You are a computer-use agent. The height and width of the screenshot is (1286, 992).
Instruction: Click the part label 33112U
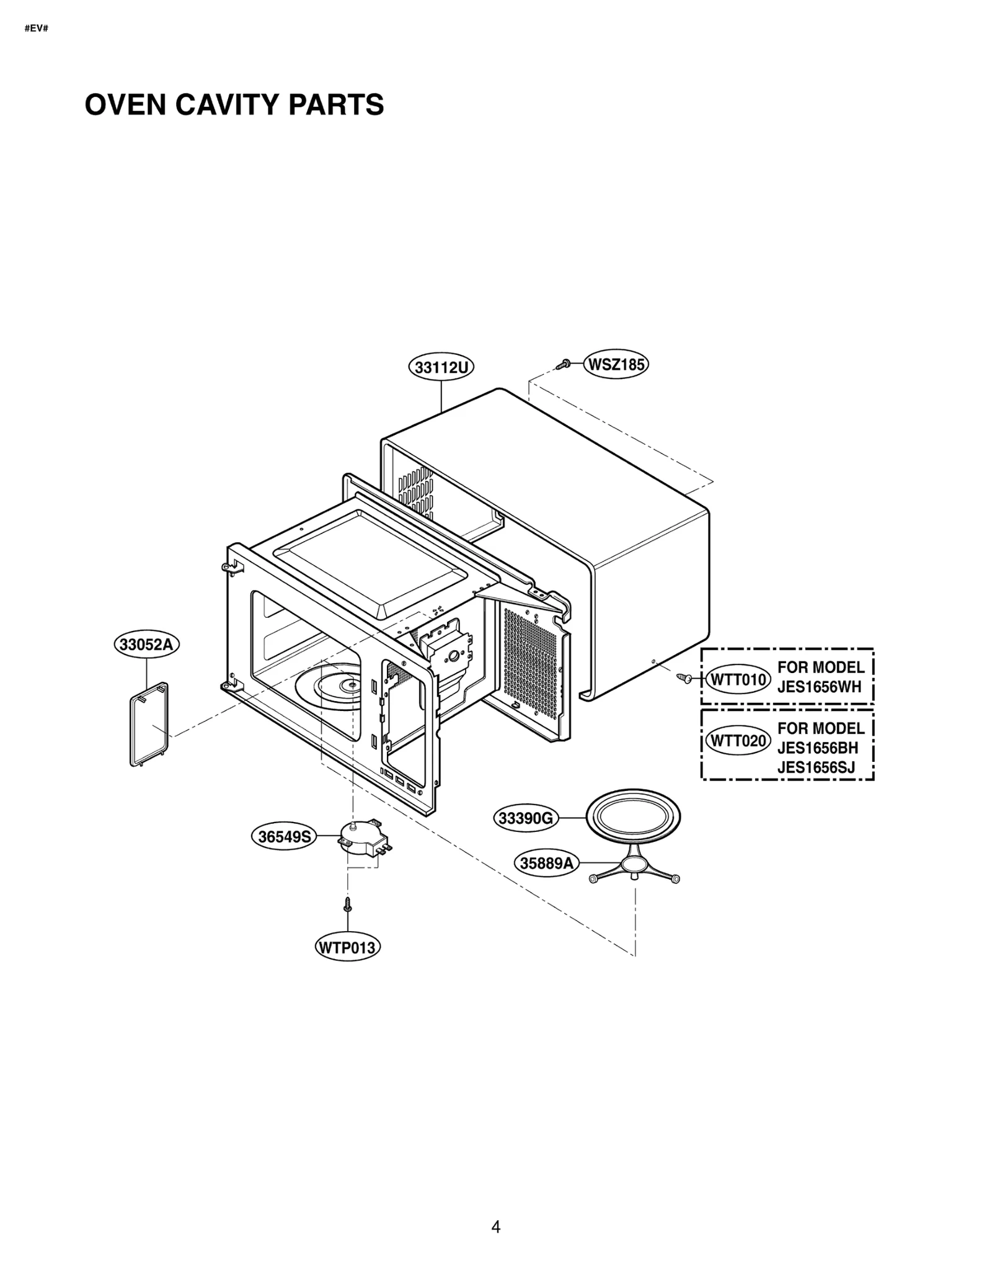coord(441,367)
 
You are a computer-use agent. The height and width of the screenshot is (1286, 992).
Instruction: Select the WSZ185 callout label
coord(616,364)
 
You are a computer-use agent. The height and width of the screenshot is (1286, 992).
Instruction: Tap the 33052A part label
coord(146,644)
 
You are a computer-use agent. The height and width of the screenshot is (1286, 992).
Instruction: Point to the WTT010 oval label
coord(738,679)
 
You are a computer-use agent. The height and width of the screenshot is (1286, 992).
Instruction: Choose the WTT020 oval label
coord(738,741)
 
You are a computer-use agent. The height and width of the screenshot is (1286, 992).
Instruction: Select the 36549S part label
coord(284,837)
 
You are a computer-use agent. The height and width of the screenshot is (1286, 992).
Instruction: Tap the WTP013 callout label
coord(347,947)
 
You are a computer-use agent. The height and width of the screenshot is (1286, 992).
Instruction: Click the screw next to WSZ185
coord(564,365)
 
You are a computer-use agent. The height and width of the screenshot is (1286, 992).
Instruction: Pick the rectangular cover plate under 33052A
coord(149,724)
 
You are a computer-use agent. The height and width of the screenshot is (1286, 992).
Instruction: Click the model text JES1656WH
coord(819,687)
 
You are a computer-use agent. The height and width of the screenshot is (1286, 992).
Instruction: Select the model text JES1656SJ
coord(816,768)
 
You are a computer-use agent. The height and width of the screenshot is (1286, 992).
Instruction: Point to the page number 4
coord(495,1226)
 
